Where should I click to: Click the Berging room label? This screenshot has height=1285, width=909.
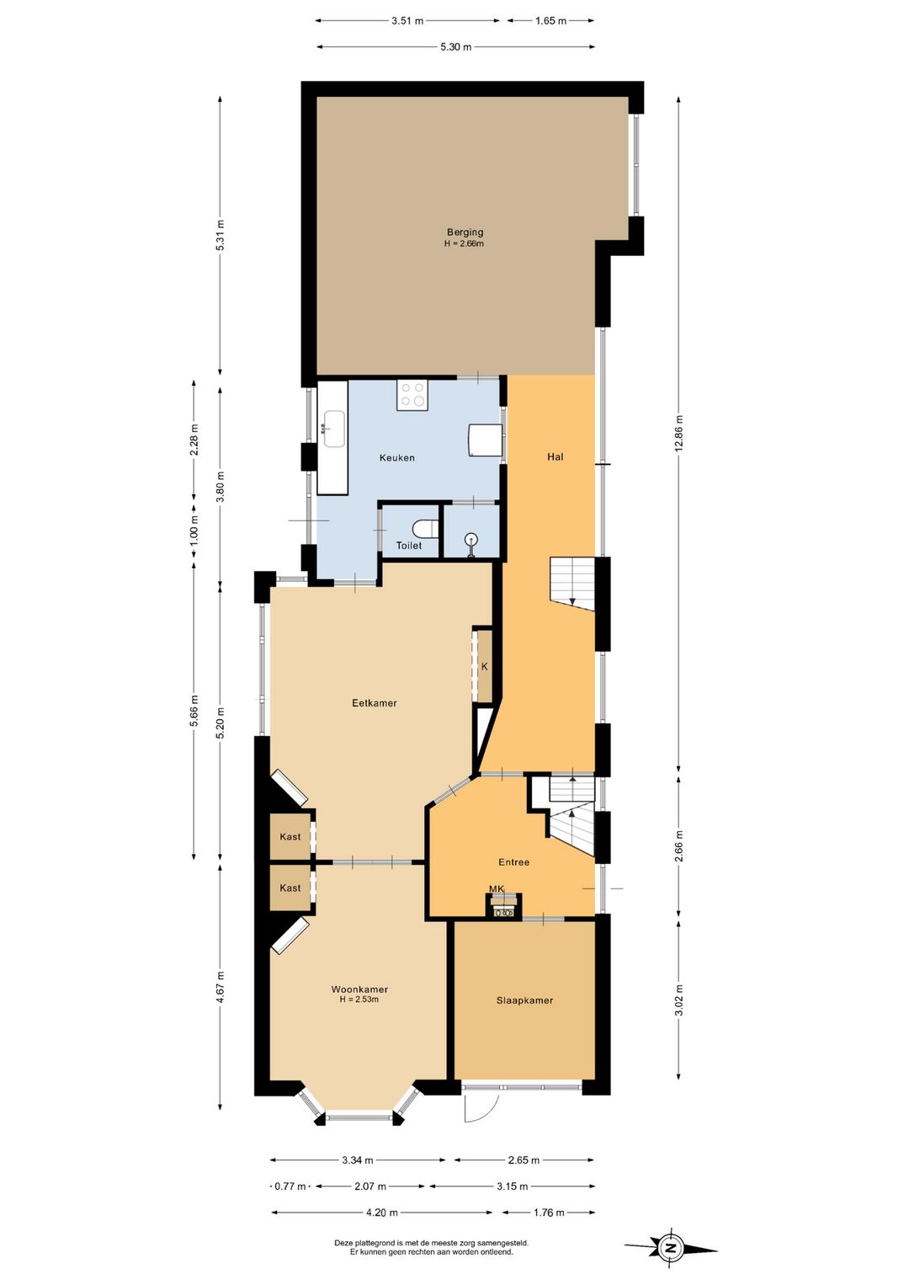pyautogui.click(x=465, y=232)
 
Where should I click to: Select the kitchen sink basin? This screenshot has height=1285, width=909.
pyautogui.click(x=333, y=429)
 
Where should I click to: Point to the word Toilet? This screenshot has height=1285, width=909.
pyautogui.click(x=408, y=546)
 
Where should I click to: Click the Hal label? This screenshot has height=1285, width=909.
pyautogui.click(x=555, y=456)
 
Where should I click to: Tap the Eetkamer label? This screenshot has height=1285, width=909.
pyautogui.click(x=375, y=703)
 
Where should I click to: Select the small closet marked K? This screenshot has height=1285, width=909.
pyautogui.click(x=485, y=666)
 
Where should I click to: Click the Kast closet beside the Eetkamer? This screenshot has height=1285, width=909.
pyautogui.click(x=290, y=836)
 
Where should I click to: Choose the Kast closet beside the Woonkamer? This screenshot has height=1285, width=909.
pyautogui.click(x=290, y=888)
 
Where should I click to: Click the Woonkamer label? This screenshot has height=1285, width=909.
pyautogui.click(x=359, y=989)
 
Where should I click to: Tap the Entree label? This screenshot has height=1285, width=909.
pyautogui.click(x=514, y=861)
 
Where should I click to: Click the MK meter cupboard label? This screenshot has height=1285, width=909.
pyautogui.click(x=497, y=888)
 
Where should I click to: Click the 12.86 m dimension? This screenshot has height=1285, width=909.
pyautogui.click(x=678, y=433)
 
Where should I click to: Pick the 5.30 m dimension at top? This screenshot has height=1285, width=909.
pyautogui.click(x=456, y=47)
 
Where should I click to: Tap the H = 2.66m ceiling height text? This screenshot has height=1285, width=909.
pyautogui.click(x=464, y=243)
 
